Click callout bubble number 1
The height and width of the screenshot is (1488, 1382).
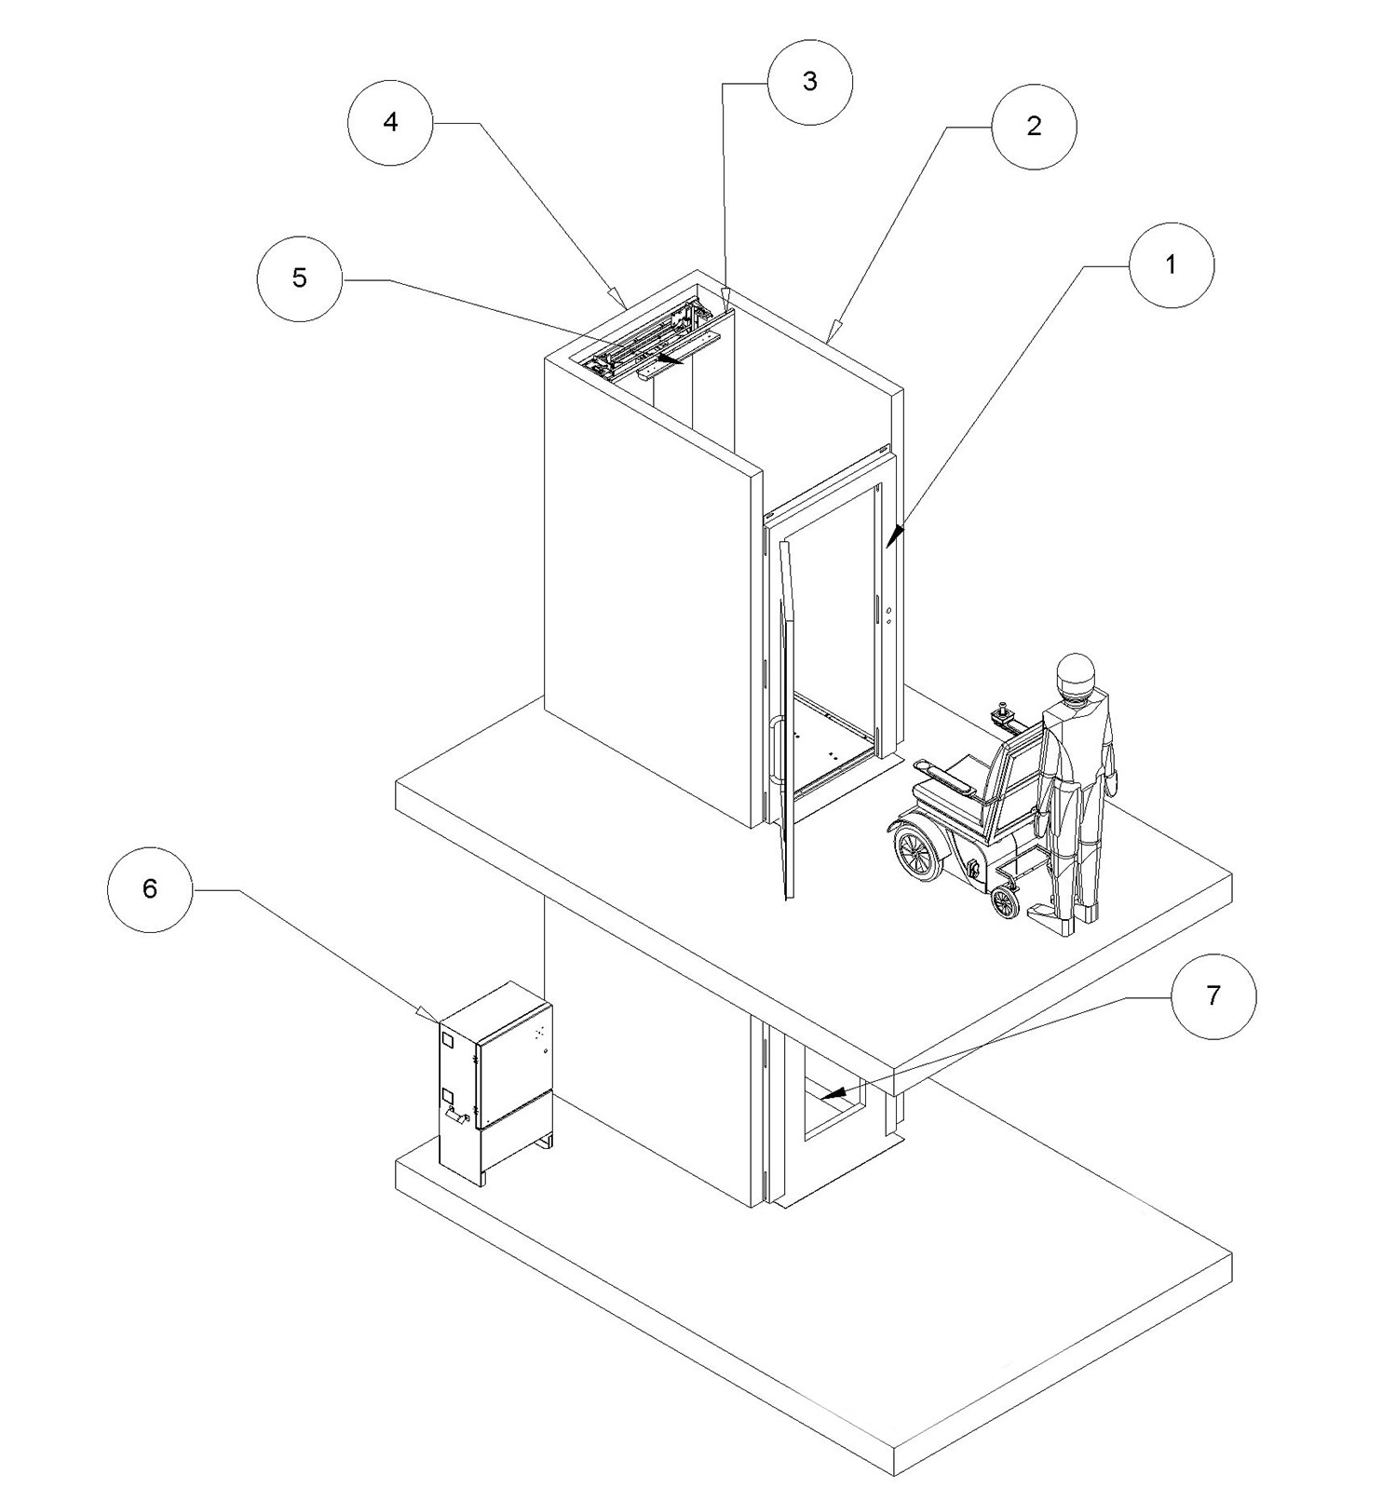click(x=1172, y=265)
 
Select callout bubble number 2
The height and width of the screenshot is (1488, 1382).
click(x=1034, y=127)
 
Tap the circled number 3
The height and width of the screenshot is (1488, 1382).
click(x=809, y=82)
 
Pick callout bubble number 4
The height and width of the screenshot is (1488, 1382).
click(x=391, y=122)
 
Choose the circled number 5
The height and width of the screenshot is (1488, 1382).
click(x=299, y=278)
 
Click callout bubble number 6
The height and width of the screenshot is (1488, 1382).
click(x=150, y=889)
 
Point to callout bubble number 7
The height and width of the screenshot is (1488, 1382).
click(x=1213, y=996)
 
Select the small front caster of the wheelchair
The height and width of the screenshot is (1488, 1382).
click(x=1004, y=900)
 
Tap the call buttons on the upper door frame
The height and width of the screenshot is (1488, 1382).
click(x=889, y=615)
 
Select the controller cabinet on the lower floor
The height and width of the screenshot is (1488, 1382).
click(x=496, y=1080)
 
